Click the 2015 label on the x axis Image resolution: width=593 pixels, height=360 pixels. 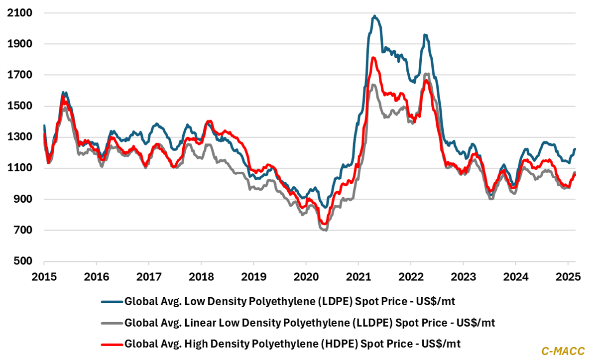tap(44, 275)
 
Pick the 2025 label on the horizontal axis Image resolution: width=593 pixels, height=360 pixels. tap(567, 275)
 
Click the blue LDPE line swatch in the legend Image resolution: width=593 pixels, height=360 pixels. tap(111, 301)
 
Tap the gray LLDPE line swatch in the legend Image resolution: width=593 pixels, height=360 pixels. tap(111, 322)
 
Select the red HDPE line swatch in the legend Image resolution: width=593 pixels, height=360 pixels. tap(111, 343)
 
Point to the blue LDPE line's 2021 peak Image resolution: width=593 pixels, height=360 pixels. tap(374, 16)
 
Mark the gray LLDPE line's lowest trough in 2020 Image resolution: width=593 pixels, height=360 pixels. tap(326, 230)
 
